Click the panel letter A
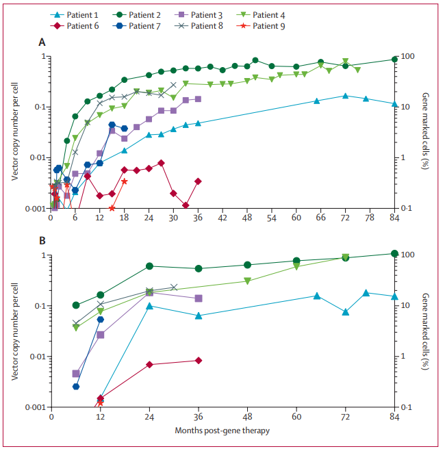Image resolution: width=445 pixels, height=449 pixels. click(x=42, y=42)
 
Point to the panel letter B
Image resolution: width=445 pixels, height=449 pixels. click(x=42, y=242)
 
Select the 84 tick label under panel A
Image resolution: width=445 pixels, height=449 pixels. click(x=394, y=218)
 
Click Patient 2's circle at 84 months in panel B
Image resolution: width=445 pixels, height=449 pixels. click(x=394, y=253)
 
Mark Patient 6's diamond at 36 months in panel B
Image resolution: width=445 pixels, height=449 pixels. click(x=199, y=360)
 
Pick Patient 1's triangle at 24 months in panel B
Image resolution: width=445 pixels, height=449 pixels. click(x=149, y=306)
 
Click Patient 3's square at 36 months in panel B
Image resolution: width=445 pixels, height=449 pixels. click(x=199, y=298)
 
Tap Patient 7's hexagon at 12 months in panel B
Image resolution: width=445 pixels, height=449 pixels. click(x=101, y=319)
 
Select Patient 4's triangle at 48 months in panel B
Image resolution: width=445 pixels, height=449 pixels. click(x=248, y=281)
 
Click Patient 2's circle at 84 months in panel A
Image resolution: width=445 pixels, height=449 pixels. click(x=394, y=60)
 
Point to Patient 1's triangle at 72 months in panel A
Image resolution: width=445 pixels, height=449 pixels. click(x=345, y=96)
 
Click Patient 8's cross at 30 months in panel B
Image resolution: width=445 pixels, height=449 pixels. click(x=173, y=287)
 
